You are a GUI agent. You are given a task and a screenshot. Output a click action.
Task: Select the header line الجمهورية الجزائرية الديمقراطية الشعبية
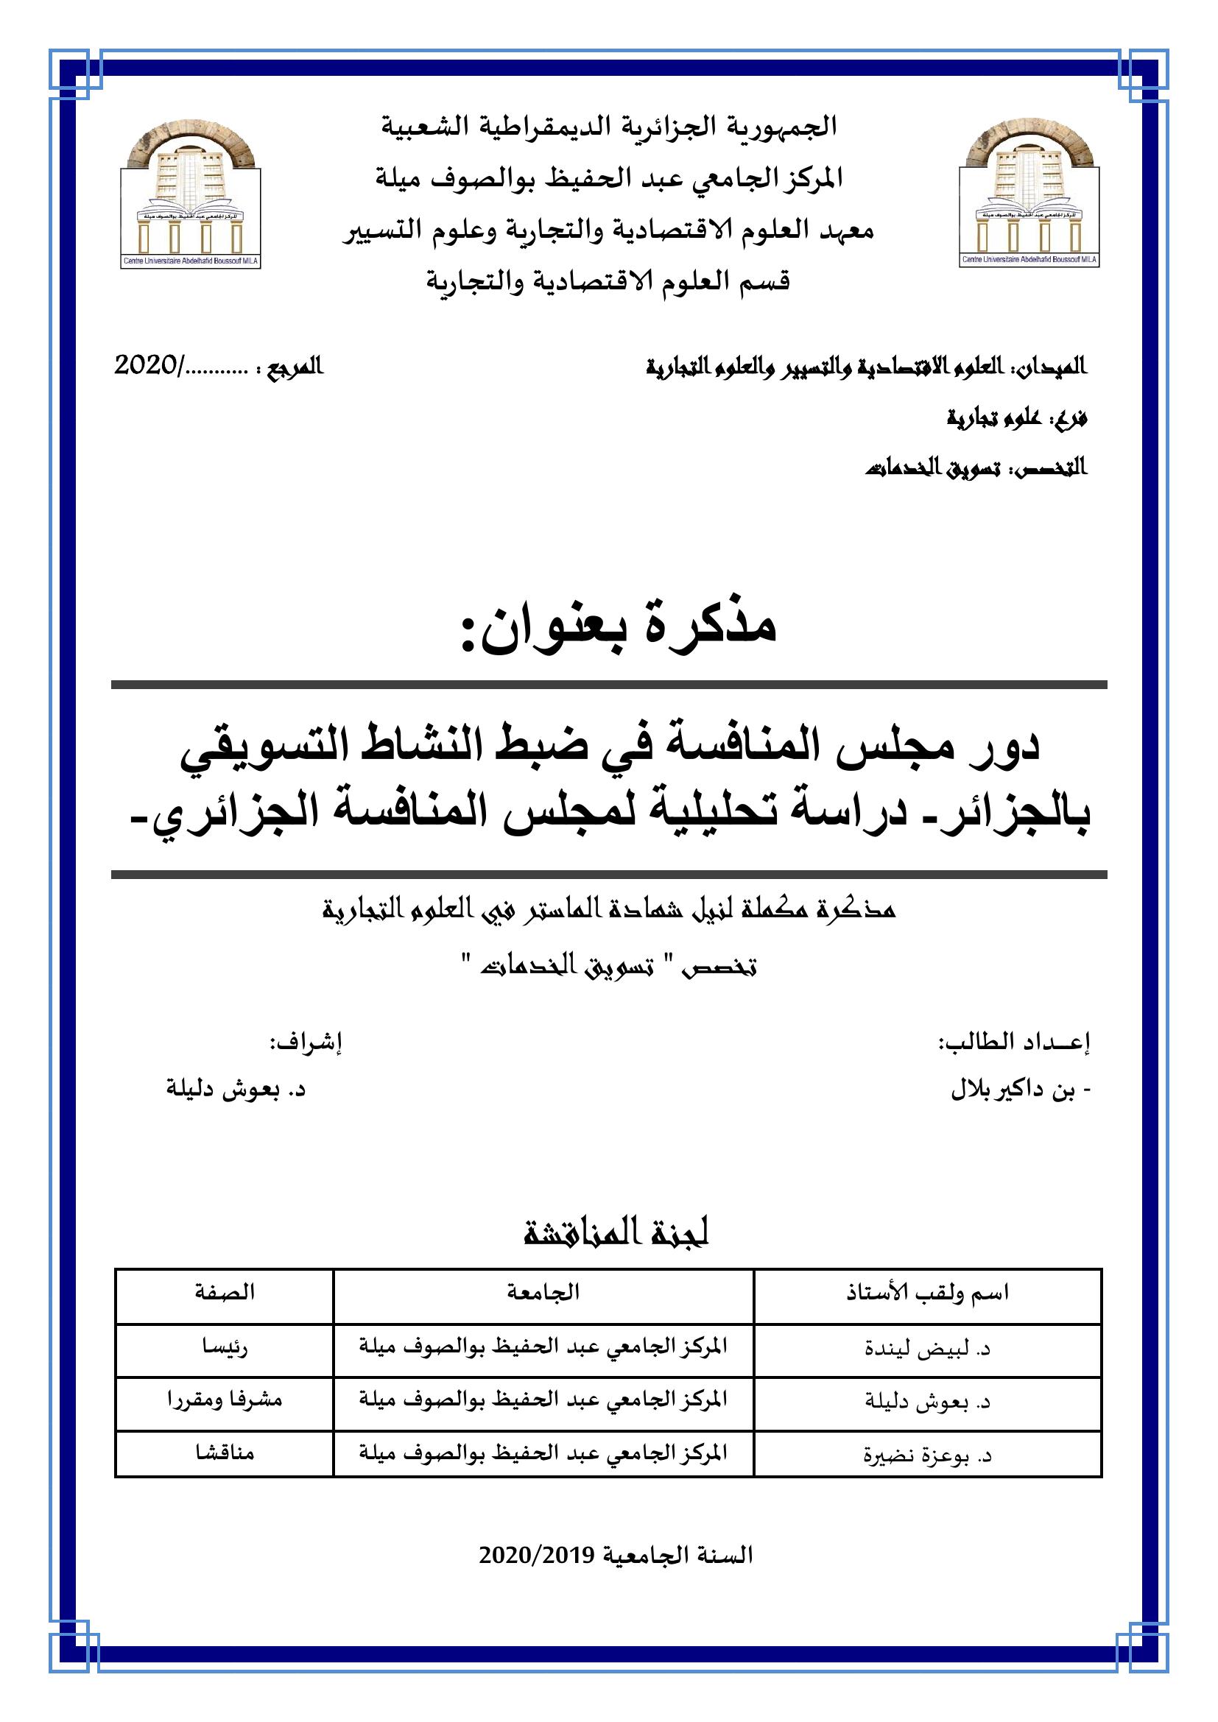click(609, 126)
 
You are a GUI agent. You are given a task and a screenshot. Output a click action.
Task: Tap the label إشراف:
click(306, 1043)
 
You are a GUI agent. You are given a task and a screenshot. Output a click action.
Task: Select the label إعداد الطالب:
click(1015, 1043)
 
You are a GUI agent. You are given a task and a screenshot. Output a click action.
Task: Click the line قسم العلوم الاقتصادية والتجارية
click(608, 282)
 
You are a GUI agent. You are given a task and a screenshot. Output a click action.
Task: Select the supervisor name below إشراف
click(236, 1091)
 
